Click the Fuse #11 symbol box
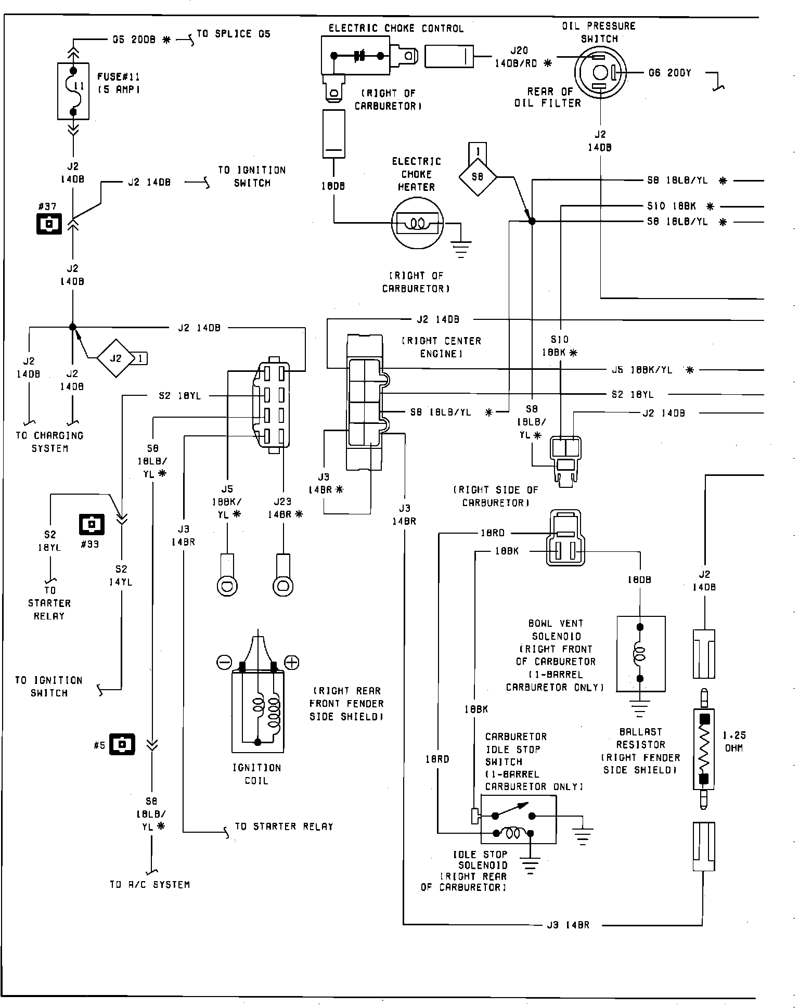pyautogui.click(x=73, y=92)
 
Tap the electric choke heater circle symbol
pyautogui.click(x=417, y=224)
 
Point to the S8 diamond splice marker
pyautogui.click(x=478, y=177)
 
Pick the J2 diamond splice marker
pyautogui.click(x=115, y=358)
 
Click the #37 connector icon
pyautogui.click(x=49, y=224)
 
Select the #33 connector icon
pyautogui.click(x=92, y=524)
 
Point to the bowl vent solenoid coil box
pyautogui.click(x=640, y=654)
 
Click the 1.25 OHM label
pyautogui.click(x=734, y=742)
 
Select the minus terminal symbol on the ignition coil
pyautogui.click(x=224, y=662)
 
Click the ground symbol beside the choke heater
pyautogui.click(x=461, y=248)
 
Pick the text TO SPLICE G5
pyautogui.click(x=234, y=34)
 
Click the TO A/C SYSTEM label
pyautogui.click(x=150, y=884)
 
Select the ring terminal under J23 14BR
pyautogui.click(x=283, y=586)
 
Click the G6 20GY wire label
pyautogui.click(x=670, y=73)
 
